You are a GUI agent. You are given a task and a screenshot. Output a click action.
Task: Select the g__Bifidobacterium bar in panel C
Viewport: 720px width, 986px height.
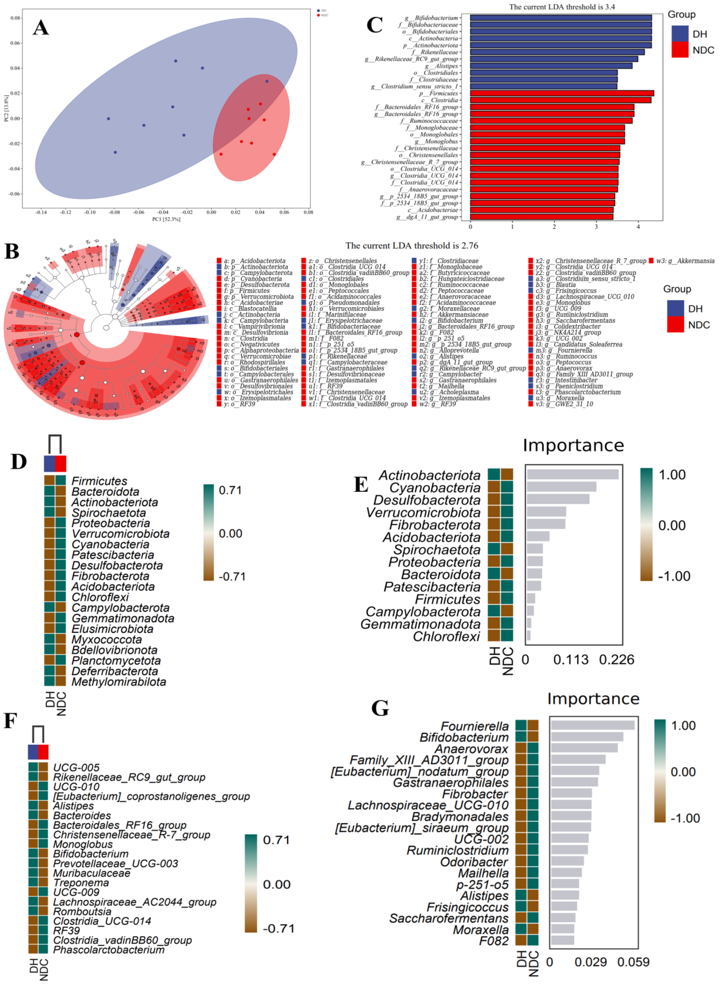(x=561, y=18)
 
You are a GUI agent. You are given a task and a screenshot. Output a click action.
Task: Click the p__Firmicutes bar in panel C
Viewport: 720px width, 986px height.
(x=562, y=93)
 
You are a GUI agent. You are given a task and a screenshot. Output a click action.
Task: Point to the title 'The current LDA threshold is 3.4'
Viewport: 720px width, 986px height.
(x=562, y=7)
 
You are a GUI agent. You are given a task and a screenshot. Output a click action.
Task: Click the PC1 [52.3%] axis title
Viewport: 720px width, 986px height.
(x=166, y=219)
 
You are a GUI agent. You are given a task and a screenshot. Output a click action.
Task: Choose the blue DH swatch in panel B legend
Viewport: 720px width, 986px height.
(x=675, y=308)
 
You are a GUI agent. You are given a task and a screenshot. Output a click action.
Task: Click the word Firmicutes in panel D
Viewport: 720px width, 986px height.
(x=99, y=481)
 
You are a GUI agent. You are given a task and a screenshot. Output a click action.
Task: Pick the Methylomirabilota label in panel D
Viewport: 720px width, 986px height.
(x=119, y=682)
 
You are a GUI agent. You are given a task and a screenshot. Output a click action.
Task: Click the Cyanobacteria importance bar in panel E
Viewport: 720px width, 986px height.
(x=561, y=487)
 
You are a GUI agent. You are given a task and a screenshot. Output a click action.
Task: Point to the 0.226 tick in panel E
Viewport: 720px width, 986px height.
(x=616, y=660)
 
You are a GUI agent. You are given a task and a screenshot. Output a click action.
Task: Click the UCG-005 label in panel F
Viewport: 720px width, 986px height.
(x=76, y=767)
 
